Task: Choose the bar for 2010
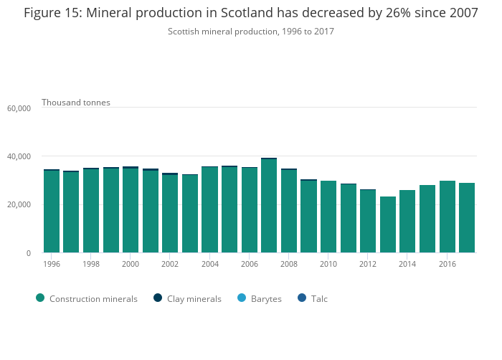point(328,217)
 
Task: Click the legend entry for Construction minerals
point(86,298)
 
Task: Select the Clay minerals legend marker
point(158,298)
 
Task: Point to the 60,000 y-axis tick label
point(19,108)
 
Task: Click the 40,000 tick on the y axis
point(19,156)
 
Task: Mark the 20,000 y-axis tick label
point(19,205)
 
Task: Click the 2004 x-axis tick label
point(209,264)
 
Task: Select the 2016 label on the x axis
point(447,264)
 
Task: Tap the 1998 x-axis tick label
point(91,264)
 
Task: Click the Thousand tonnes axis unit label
point(76,103)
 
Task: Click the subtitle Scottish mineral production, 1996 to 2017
point(251,32)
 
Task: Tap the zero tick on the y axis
point(29,253)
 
